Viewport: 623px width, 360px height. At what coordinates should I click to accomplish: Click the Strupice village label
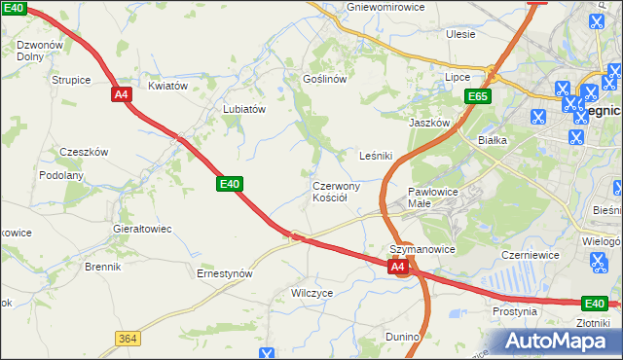click(71, 80)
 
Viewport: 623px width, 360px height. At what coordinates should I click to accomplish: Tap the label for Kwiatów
click(167, 86)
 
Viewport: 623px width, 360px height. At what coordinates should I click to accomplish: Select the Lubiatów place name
click(244, 110)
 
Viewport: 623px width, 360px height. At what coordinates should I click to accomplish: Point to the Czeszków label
click(84, 152)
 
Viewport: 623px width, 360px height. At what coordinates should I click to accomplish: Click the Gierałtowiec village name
click(142, 229)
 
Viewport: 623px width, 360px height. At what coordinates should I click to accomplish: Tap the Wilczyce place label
click(312, 292)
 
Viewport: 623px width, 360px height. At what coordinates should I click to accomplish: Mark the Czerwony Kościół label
click(337, 192)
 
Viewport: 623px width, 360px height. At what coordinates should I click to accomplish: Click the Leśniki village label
click(376, 155)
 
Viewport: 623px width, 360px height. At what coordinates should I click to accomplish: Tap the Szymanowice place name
click(422, 249)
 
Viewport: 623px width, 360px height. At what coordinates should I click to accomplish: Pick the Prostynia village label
click(515, 311)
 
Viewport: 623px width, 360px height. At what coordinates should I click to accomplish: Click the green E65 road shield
click(477, 96)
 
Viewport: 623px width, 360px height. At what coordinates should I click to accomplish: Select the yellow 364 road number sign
click(126, 338)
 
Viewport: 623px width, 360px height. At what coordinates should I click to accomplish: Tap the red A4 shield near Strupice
click(121, 94)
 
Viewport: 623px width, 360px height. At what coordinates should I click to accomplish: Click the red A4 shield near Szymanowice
click(397, 266)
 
